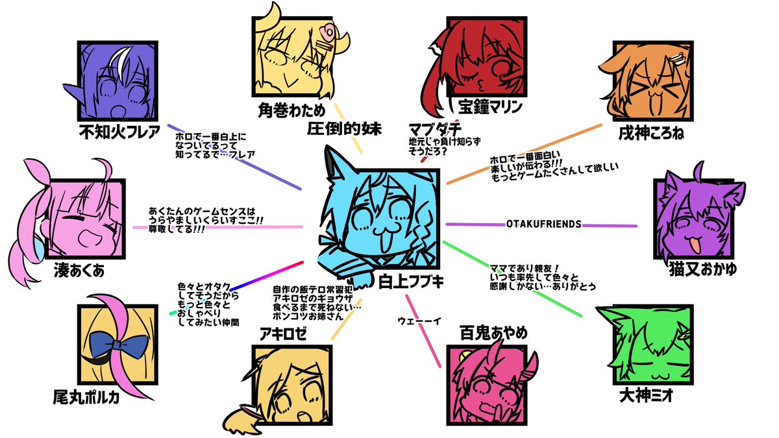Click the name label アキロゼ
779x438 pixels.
coord(282,334)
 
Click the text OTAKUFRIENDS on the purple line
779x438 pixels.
coord(543,225)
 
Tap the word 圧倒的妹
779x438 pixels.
coord(345,127)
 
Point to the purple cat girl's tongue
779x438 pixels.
coord(694,245)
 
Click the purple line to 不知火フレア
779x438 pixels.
coord(234,156)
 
